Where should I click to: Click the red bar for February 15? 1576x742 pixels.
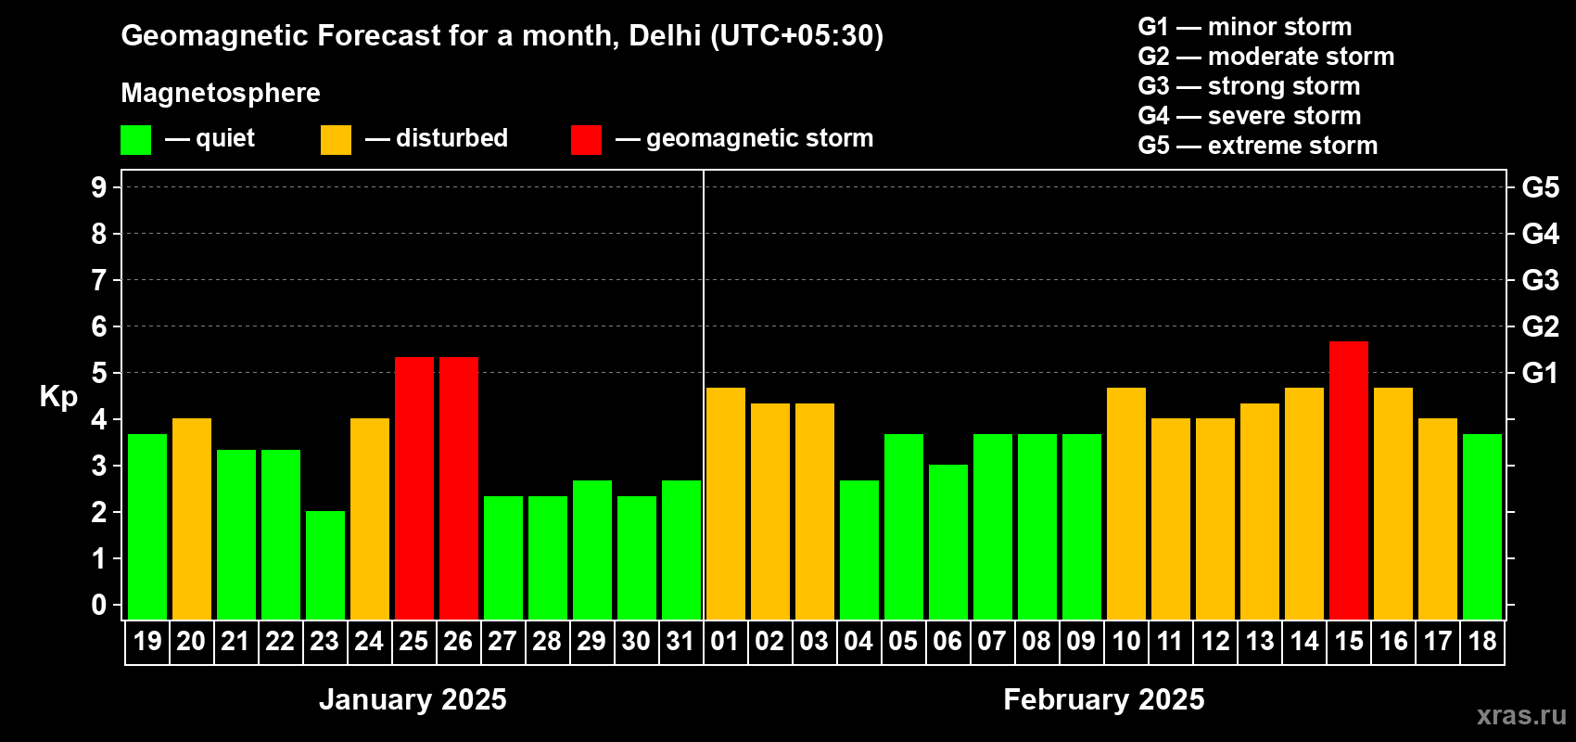tap(1349, 480)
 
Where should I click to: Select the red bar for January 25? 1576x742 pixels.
tap(414, 488)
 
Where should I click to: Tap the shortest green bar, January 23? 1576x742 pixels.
tap(325, 565)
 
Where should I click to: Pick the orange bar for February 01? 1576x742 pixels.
tap(726, 504)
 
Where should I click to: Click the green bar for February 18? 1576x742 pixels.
tap(1482, 527)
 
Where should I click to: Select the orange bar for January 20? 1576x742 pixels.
tap(192, 518)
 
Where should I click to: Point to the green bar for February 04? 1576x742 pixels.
tap(859, 550)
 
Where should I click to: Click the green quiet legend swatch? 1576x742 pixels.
tap(136, 140)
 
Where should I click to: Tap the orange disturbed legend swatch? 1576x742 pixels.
tap(337, 140)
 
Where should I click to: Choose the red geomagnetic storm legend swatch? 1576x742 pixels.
tap(586, 140)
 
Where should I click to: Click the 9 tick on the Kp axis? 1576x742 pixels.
tap(99, 187)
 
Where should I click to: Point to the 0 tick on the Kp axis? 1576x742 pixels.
tap(99, 606)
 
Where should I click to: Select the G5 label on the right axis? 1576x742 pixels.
tap(1540, 187)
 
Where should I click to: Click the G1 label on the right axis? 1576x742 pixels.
tap(1540, 373)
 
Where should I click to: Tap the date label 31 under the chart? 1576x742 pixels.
tap(680, 642)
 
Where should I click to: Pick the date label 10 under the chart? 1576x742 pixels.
tap(1125, 642)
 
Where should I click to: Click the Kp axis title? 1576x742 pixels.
tap(58, 397)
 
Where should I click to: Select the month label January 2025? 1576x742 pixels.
tap(413, 699)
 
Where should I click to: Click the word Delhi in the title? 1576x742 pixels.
tap(665, 35)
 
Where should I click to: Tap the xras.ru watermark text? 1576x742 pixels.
tap(1521, 715)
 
